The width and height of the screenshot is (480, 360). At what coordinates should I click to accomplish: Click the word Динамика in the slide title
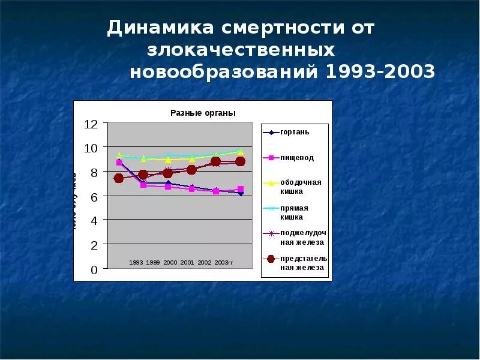click(160, 28)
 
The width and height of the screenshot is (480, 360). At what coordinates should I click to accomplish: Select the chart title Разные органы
click(203, 113)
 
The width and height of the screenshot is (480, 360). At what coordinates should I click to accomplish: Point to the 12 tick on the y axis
click(91, 124)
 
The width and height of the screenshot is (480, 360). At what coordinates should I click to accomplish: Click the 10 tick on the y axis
click(91, 148)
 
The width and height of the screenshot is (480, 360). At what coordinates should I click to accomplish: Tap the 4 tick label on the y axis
click(94, 221)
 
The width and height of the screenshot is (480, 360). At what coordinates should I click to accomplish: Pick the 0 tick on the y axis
click(94, 270)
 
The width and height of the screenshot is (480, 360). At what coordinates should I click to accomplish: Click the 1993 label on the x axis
click(136, 263)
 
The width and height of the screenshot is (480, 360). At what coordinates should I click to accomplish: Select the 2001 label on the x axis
click(187, 263)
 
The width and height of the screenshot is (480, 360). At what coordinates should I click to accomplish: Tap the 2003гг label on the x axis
click(224, 263)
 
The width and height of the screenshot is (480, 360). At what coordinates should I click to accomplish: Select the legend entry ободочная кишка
click(301, 187)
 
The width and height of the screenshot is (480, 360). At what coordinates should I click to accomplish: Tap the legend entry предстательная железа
click(304, 263)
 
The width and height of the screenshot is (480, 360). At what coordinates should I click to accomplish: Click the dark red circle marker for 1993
click(119, 178)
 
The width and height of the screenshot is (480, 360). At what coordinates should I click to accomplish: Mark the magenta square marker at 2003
click(240, 190)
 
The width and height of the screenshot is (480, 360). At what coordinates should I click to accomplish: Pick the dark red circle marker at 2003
click(240, 161)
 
